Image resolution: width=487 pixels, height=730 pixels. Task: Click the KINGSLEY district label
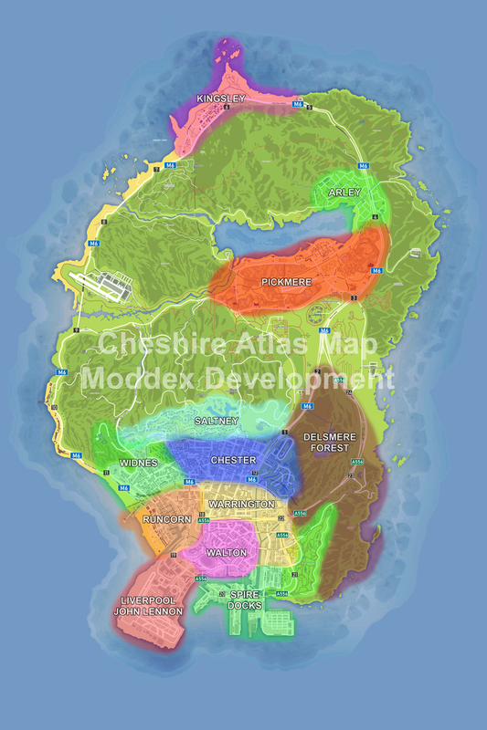(x=221, y=99)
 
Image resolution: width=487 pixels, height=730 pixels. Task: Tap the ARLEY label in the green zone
(x=345, y=193)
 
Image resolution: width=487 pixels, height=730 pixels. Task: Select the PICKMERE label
(x=286, y=283)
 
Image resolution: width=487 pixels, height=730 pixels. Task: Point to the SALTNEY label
(x=217, y=422)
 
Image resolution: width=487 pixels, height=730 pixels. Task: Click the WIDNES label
(x=138, y=464)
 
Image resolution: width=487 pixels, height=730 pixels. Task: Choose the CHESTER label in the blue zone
(x=233, y=461)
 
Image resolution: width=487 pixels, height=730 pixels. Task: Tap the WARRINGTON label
(x=240, y=505)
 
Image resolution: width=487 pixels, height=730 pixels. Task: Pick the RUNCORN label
(x=167, y=520)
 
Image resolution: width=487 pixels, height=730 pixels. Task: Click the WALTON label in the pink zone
(x=227, y=553)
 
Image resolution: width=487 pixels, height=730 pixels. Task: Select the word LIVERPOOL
(x=148, y=600)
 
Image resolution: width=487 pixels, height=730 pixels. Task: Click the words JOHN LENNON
(x=148, y=611)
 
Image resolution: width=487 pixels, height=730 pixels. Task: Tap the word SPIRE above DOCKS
(x=245, y=594)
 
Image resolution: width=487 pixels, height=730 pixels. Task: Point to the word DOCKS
(x=245, y=606)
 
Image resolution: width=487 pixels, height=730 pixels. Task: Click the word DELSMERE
(x=326, y=437)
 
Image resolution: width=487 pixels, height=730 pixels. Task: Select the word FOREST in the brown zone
(x=326, y=448)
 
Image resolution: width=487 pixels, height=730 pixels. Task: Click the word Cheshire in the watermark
(x=156, y=344)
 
